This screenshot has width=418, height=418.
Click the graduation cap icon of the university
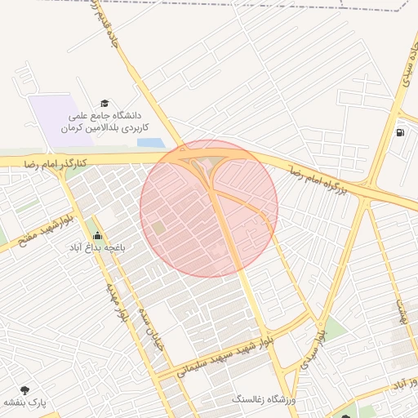click(104, 103)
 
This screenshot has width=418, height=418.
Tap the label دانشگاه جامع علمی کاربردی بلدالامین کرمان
click(109, 122)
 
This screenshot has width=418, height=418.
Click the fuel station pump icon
click(399, 131)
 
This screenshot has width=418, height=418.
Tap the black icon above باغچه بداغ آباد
click(98, 235)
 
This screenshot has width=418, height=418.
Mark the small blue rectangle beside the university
click(150, 143)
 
